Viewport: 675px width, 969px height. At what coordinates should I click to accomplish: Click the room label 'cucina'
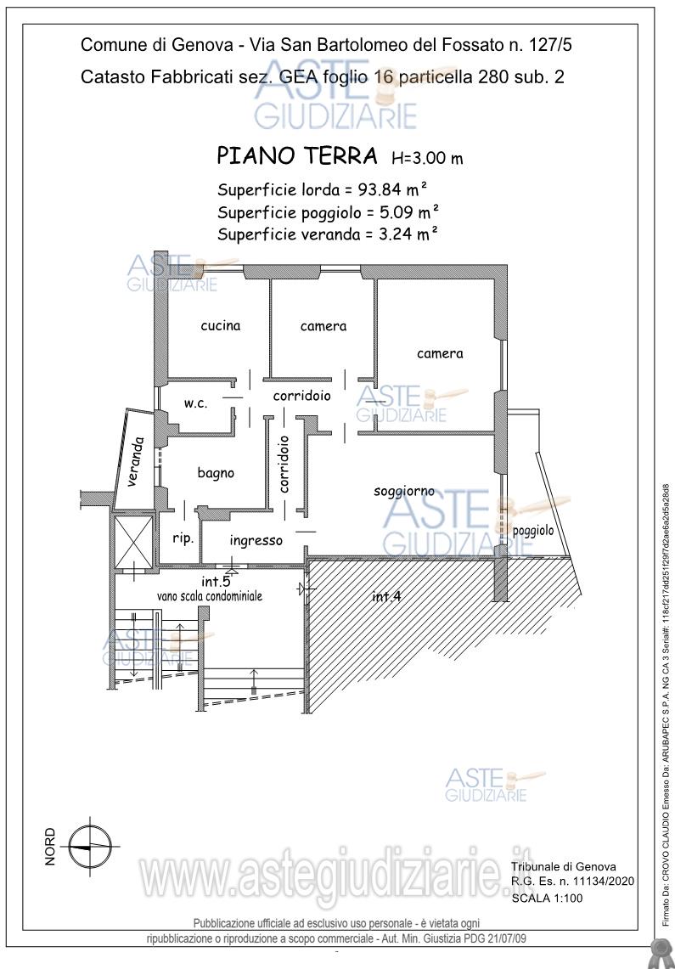point(221,325)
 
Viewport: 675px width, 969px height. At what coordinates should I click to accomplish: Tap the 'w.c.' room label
point(196,403)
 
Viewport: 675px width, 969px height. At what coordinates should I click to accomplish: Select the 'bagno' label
point(216,473)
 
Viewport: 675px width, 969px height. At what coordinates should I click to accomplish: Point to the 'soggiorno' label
point(404,491)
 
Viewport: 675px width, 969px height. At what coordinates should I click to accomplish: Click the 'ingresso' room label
point(256,540)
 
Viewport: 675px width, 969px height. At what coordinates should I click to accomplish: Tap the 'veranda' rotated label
point(135,463)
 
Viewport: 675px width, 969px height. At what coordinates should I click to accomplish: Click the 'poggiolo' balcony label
point(533,531)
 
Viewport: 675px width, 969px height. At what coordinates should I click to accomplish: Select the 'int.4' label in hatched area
point(386,596)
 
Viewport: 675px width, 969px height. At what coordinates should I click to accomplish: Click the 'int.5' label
point(216,582)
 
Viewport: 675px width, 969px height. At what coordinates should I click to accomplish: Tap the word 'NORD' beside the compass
point(50,846)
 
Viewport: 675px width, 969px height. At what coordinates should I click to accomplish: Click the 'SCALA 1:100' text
point(547,898)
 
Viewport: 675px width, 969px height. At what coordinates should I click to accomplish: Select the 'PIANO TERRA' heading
point(297,156)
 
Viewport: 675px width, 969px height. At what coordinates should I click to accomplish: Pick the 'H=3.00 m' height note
point(426,158)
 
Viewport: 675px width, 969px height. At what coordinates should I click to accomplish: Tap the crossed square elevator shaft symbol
point(132,540)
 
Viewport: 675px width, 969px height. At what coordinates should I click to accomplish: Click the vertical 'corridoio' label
point(284,465)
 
